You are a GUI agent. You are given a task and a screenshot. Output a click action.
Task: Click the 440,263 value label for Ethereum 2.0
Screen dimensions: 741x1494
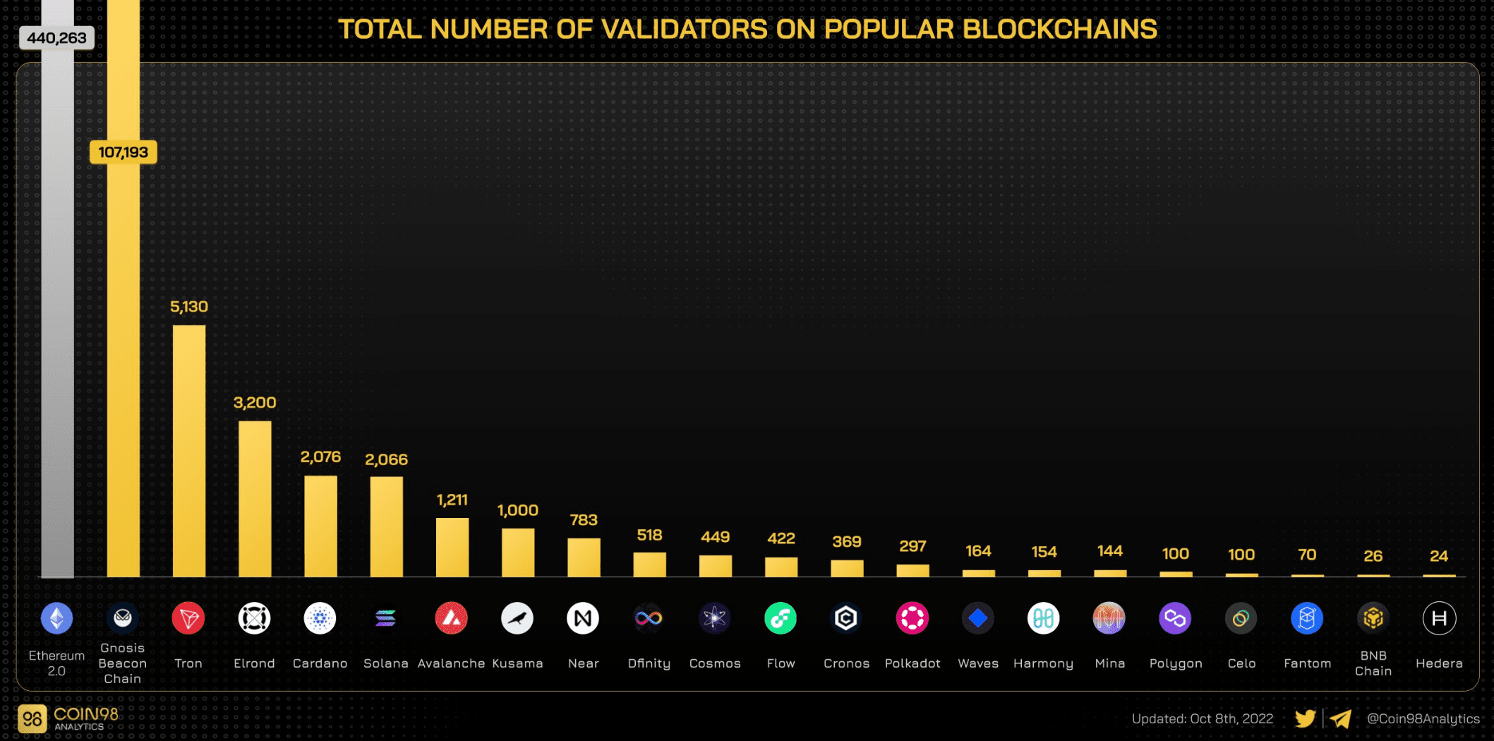(x=56, y=38)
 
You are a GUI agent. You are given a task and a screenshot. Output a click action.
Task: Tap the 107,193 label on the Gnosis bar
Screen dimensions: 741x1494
(x=123, y=152)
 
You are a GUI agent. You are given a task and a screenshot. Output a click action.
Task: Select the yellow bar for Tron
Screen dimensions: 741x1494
(x=189, y=452)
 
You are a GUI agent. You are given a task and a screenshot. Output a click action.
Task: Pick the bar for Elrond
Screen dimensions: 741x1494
(x=255, y=499)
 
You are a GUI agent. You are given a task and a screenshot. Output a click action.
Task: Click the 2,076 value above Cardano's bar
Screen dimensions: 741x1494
(x=320, y=457)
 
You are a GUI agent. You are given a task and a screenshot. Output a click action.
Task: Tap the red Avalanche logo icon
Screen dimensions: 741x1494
(x=452, y=619)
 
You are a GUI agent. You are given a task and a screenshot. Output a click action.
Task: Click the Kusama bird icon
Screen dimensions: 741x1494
(x=517, y=619)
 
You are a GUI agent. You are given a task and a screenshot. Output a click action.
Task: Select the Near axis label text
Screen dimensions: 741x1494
(x=583, y=663)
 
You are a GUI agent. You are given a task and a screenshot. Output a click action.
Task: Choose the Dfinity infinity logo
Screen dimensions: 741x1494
(x=649, y=619)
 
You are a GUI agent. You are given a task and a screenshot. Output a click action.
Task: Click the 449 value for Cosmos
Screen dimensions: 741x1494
(x=715, y=537)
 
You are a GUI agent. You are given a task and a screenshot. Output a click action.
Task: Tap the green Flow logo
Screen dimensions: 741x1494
(x=781, y=619)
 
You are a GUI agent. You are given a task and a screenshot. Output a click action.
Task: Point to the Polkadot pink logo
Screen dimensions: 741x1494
(x=912, y=619)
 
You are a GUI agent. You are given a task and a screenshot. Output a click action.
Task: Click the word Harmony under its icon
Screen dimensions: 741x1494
(x=1043, y=663)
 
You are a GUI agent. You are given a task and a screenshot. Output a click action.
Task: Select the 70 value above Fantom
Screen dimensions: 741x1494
(x=1307, y=555)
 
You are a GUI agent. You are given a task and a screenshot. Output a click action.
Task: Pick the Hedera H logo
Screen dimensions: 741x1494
(x=1439, y=619)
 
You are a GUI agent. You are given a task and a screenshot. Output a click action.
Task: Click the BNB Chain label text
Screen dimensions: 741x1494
(x=1373, y=663)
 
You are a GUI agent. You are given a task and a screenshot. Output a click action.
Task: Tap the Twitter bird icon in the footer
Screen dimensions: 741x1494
(x=1305, y=718)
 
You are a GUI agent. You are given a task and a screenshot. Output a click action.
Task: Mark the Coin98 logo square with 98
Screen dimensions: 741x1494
(x=32, y=719)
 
